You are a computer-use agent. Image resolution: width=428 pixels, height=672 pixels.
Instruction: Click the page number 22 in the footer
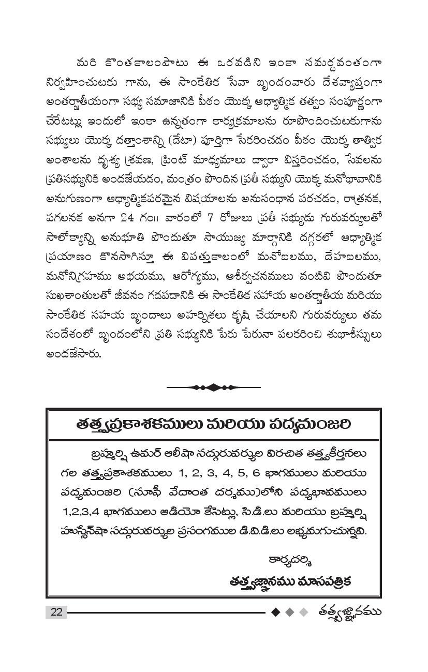(x=56, y=612)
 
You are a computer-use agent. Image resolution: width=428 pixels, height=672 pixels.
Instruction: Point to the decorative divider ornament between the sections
(x=213, y=386)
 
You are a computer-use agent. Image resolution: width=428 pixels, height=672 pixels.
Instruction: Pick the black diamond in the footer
(x=276, y=612)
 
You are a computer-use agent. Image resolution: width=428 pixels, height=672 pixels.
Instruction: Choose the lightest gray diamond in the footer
(x=304, y=612)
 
